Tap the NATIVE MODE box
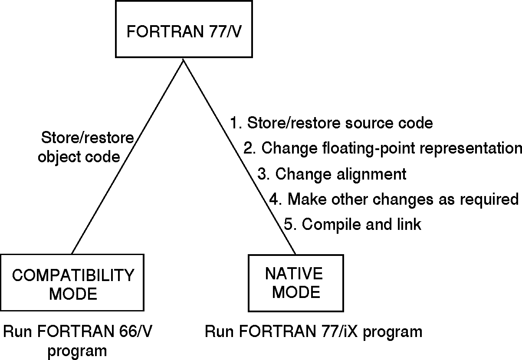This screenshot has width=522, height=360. pyautogui.click(x=294, y=283)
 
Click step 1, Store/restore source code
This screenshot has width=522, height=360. pyautogui.click(x=332, y=123)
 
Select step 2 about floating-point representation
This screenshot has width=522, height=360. pyautogui.click(x=382, y=148)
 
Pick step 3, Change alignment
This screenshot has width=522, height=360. pyautogui.click(x=332, y=174)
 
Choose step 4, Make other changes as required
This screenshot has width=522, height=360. pyautogui.click(x=394, y=200)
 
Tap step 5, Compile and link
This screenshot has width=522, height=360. pyautogui.click(x=353, y=225)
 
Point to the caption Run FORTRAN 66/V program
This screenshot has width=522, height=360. pyautogui.click(x=78, y=341)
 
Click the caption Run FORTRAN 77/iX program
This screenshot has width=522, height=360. pyautogui.click(x=313, y=332)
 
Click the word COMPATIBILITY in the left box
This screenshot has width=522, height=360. pyautogui.click(x=72, y=275)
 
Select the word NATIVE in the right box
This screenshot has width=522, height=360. pyautogui.click(x=294, y=274)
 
